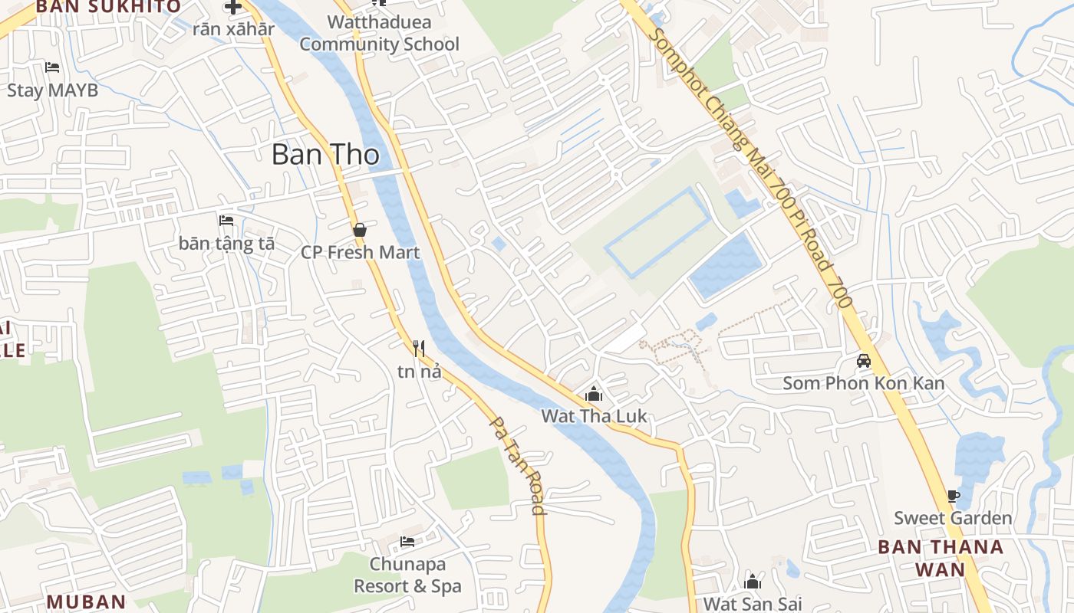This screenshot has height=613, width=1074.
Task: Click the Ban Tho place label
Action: (325, 155)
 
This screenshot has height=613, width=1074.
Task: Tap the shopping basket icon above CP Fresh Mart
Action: (359, 230)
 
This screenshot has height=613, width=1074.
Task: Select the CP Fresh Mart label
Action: (360, 252)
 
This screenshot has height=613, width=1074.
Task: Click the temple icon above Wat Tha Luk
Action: (593, 395)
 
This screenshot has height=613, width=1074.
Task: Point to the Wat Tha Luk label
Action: (594, 416)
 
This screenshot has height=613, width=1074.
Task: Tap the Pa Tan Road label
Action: (518, 466)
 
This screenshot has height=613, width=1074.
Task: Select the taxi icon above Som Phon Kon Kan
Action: (864, 360)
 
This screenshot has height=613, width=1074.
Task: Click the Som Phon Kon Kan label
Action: (863, 383)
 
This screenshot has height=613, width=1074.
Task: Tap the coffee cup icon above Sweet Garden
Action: (953, 496)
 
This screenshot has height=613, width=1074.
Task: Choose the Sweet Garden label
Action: (953, 518)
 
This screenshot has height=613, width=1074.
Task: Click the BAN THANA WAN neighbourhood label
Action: (941, 558)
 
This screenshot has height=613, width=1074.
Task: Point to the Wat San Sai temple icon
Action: (753, 582)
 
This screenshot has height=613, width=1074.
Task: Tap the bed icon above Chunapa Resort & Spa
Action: (407, 542)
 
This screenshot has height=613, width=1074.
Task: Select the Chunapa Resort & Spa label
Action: (407, 575)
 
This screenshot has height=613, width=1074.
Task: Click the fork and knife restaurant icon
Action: (419, 349)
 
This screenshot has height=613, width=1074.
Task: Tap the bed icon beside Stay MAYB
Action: (52, 67)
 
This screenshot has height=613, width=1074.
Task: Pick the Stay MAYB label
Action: (52, 90)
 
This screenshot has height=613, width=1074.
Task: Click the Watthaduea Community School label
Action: (379, 33)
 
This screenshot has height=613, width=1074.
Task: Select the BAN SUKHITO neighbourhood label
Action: (108, 7)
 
